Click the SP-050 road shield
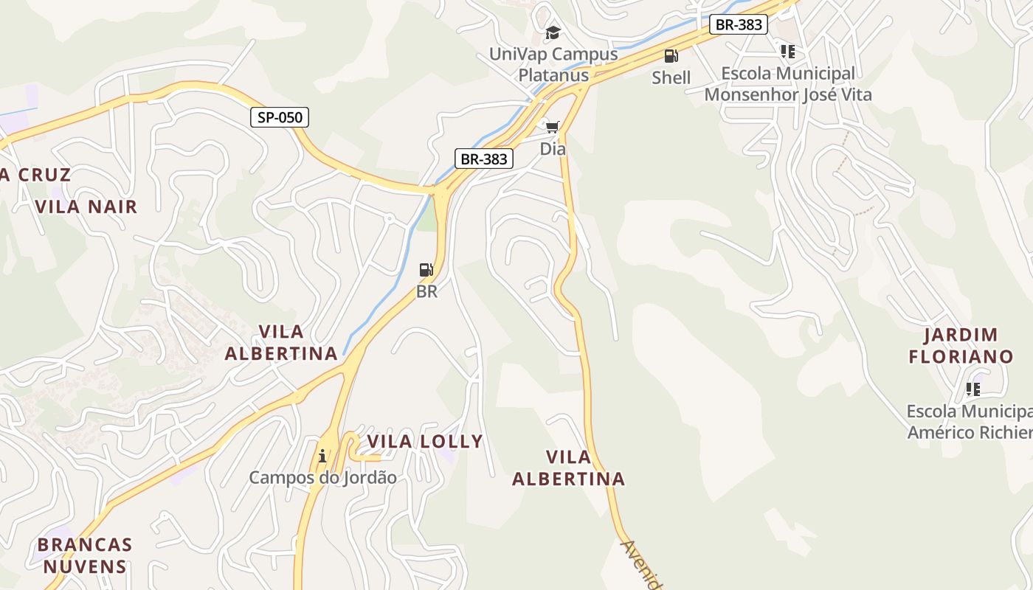point(279,117)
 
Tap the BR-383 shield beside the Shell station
point(739,24)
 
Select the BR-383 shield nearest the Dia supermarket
point(483,159)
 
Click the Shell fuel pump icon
point(671,56)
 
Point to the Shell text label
point(671,77)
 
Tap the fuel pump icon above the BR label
point(426,270)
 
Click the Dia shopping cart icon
point(553,127)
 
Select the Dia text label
point(553,149)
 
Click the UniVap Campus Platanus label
point(553,64)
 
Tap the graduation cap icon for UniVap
point(553,33)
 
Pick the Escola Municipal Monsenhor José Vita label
point(788,84)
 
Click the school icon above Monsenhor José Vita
point(788,52)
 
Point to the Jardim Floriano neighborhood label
point(961,346)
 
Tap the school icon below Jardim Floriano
point(972,389)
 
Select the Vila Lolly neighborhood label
point(424,442)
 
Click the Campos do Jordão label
point(322,478)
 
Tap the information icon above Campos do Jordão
point(322,456)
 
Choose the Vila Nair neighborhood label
point(86,206)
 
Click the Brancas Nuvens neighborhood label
point(84,556)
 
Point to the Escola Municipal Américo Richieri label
point(970,422)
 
